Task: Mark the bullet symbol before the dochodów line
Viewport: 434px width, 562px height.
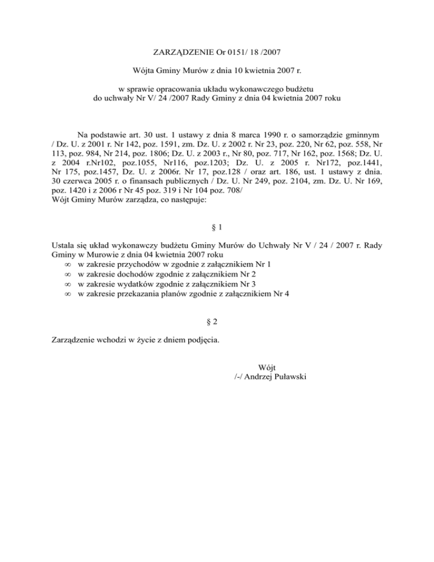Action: pos(68,275)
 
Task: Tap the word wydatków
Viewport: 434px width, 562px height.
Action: pos(133,284)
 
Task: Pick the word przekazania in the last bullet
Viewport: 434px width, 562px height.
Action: pos(140,293)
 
